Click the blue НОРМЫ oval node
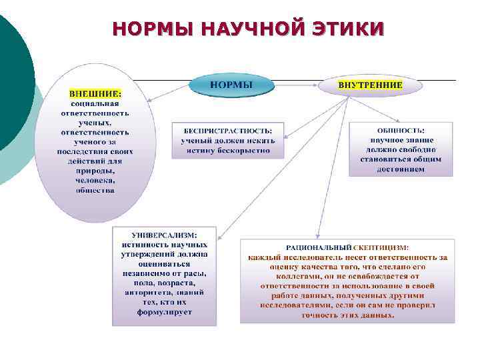tap(231, 85)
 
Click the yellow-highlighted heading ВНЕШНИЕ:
tap(96, 94)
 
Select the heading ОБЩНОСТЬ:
tap(400, 131)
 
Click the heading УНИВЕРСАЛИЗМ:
tap(164, 235)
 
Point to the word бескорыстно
tap(247, 151)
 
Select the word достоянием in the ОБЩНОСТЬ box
tap(400, 169)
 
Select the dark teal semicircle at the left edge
tap(12, 80)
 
